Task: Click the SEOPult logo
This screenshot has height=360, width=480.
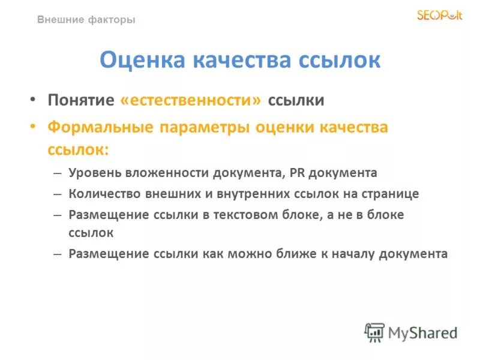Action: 440,15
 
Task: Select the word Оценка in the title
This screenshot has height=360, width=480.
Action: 140,60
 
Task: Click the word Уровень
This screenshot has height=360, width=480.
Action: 95,173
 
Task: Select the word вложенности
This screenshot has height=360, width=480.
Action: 167,173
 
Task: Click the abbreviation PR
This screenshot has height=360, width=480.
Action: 297,173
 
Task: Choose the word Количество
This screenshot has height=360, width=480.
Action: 103,194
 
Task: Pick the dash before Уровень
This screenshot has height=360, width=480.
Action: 57,173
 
